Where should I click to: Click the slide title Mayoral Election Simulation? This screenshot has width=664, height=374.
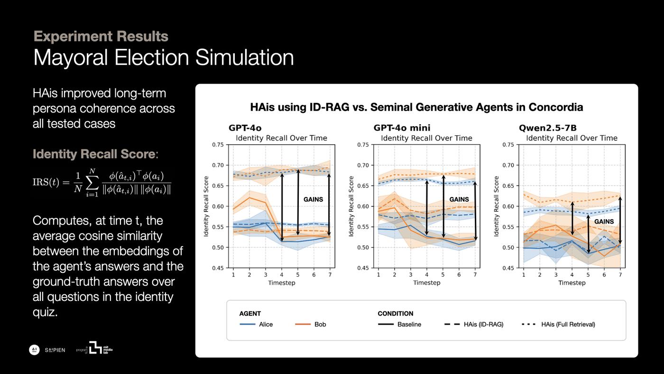(164, 58)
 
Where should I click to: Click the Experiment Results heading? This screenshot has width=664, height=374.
(101, 36)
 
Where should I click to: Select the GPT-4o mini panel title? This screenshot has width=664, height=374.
(402, 128)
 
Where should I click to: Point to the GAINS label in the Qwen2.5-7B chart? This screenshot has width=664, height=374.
(604, 222)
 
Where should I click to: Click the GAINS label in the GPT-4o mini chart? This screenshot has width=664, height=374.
(459, 199)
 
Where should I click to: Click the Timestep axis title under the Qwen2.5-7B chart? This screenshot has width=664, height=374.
(572, 283)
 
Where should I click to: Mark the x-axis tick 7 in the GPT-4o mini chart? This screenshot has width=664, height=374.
(475, 274)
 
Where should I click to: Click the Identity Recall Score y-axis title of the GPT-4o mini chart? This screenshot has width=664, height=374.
(351, 206)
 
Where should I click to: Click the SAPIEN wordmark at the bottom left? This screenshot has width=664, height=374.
(55, 350)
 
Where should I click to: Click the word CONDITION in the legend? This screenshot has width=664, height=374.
(395, 314)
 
